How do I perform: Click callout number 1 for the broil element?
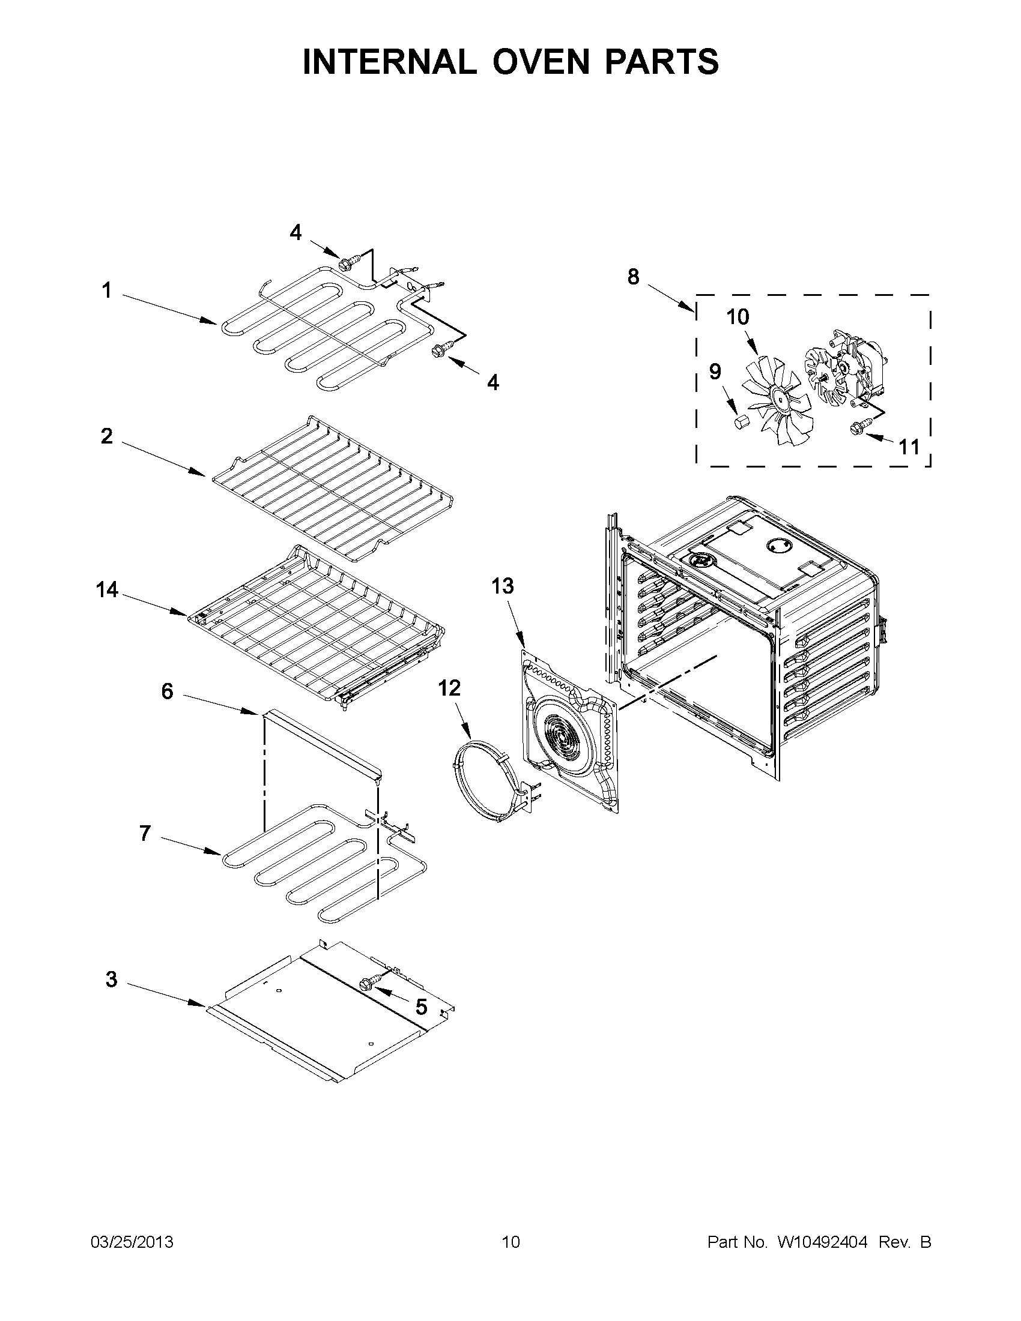click(106, 291)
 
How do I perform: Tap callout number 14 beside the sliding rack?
click(106, 589)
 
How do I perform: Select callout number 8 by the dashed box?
click(633, 277)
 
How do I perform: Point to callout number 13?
click(502, 586)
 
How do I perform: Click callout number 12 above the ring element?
click(449, 688)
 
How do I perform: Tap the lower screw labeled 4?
click(438, 351)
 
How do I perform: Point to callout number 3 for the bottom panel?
click(111, 979)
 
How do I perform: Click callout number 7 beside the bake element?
click(145, 834)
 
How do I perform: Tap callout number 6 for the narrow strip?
click(167, 690)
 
